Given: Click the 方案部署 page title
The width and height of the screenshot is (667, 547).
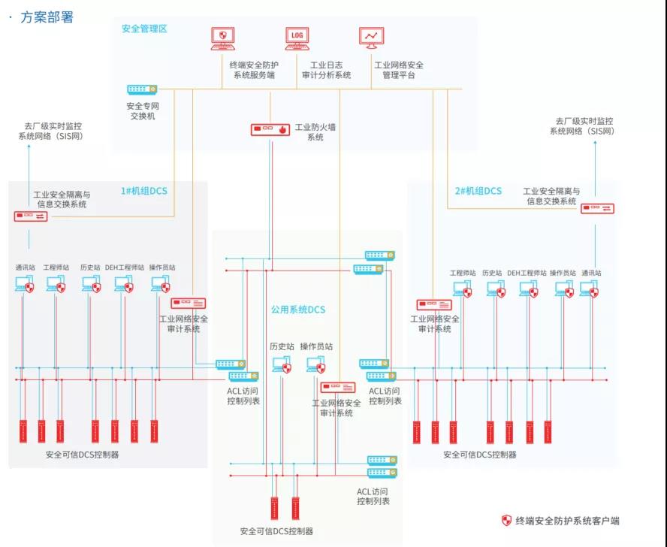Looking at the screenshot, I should [46, 17].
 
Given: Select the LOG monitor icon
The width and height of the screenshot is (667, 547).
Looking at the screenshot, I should [297, 37].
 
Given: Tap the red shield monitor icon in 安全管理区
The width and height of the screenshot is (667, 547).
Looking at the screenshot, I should [222, 37].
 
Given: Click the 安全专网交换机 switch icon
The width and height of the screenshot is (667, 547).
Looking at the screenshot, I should [141, 90].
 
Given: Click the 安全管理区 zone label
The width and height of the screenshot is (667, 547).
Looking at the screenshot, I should [144, 29].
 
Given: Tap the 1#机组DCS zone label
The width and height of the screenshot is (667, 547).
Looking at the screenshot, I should [144, 191].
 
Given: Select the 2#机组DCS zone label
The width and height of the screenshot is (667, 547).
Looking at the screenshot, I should [478, 191].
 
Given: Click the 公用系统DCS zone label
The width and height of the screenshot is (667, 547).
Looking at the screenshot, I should [298, 310].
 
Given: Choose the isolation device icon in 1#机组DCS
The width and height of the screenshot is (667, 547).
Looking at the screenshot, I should [31, 216].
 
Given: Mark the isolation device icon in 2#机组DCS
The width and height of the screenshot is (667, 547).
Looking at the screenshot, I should [598, 208].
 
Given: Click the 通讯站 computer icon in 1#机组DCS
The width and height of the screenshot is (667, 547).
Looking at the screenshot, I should [24, 285].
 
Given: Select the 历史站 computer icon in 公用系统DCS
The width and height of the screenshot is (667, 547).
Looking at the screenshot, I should [282, 365].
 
